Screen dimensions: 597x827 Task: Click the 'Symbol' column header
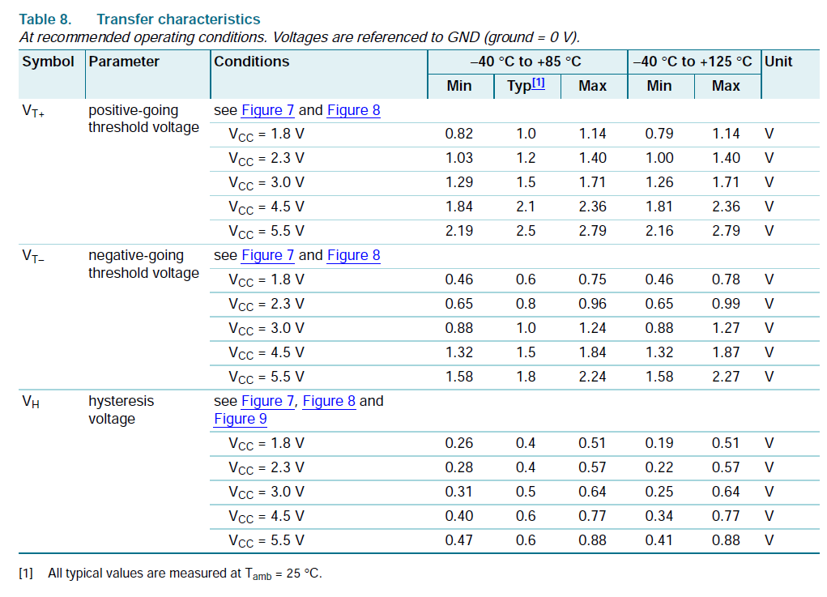pos(48,62)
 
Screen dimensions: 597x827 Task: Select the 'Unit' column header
pos(778,62)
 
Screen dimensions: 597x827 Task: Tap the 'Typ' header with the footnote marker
pos(526,86)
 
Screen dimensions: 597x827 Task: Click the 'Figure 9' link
pos(240,419)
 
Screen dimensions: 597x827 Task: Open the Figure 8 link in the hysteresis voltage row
pos(329,401)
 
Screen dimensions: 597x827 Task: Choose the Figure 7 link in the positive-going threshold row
pos(267,110)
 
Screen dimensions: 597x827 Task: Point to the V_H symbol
pos(30,402)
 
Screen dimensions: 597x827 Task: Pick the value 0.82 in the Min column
pos(459,134)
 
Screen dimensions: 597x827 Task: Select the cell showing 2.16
pos(659,231)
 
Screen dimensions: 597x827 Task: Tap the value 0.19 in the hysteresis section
pos(659,443)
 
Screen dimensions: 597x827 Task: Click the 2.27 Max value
pos(726,377)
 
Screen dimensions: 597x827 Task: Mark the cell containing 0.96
pos(592,304)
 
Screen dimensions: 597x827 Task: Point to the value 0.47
pos(459,540)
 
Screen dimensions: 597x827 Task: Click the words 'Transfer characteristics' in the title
pos(178,19)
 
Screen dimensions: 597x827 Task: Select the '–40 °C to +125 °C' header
pos(693,62)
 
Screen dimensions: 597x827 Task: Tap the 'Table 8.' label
pos(45,19)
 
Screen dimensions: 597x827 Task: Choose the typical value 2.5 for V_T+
pos(526,231)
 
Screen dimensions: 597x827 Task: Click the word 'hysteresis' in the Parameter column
pos(121,401)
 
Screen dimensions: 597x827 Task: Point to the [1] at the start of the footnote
pos(26,574)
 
